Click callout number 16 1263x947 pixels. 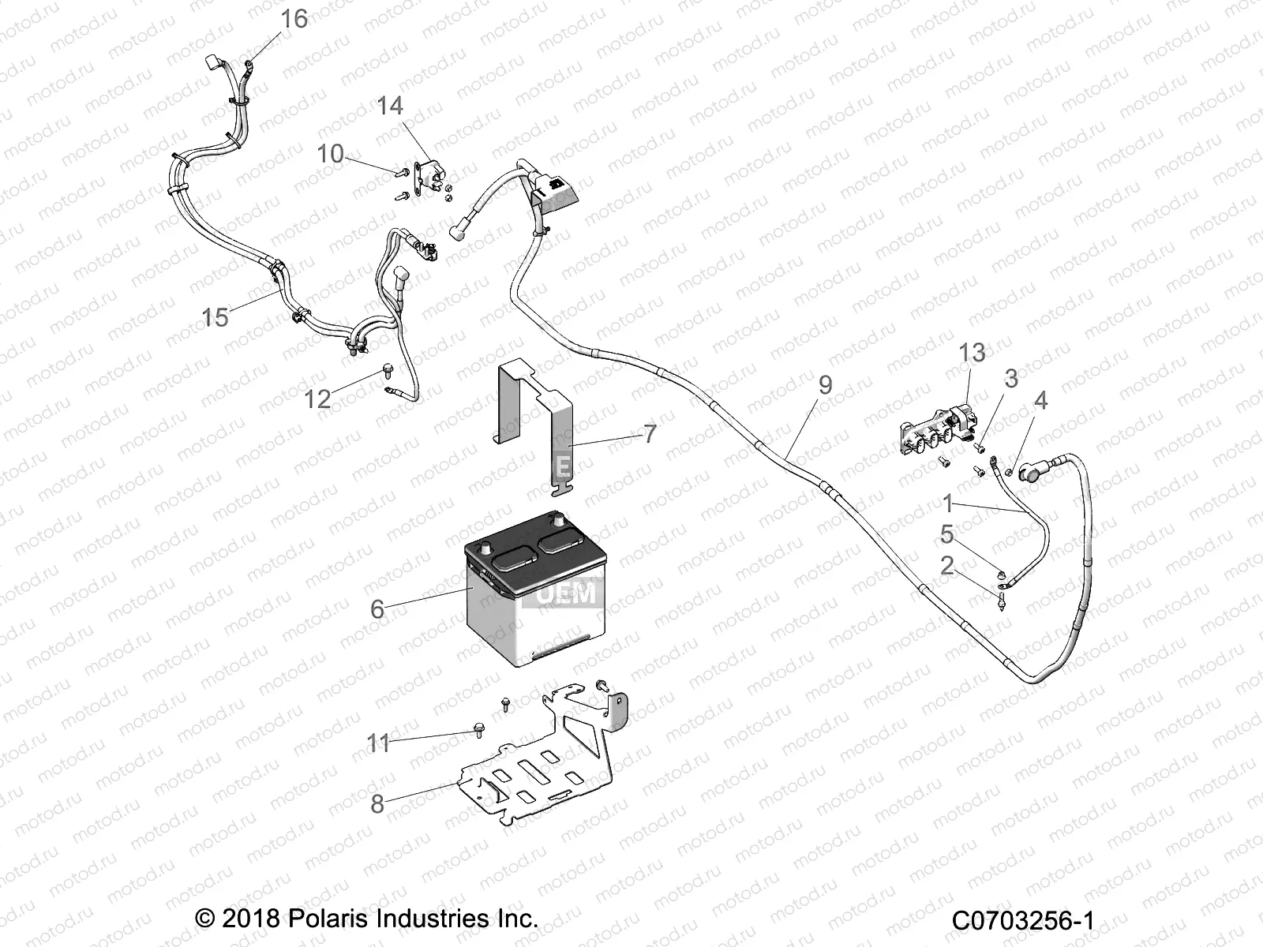(294, 18)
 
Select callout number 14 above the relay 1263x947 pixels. (389, 106)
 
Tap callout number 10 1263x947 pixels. (330, 153)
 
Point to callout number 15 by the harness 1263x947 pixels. (215, 317)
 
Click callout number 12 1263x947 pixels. (317, 399)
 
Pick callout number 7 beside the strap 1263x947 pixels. (649, 433)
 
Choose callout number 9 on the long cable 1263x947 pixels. (825, 385)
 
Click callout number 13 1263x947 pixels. (972, 353)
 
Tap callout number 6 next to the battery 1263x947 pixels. (377, 608)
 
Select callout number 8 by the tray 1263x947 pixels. (377, 803)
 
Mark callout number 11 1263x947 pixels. (378, 743)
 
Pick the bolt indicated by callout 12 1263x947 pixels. (388, 368)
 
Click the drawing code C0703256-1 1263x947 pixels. (1022, 920)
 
